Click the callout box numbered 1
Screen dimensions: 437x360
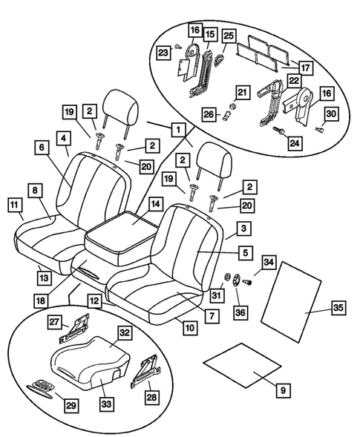177,129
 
